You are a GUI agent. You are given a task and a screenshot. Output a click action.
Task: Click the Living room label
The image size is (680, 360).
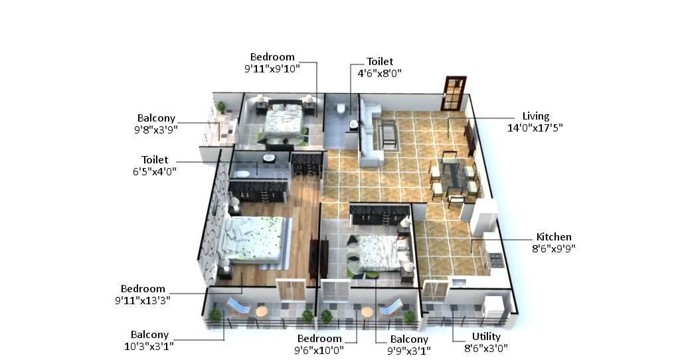(x=535, y=116)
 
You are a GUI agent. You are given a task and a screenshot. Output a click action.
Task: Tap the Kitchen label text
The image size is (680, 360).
(x=554, y=237)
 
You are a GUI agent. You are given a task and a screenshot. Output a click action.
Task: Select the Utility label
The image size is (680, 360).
(x=486, y=337)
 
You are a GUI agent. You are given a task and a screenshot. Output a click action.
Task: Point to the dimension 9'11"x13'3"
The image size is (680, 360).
(x=142, y=300)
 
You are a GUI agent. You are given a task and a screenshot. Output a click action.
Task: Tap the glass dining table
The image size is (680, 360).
(x=453, y=176)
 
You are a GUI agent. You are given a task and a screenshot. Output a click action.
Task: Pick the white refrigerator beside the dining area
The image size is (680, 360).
(x=484, y=215)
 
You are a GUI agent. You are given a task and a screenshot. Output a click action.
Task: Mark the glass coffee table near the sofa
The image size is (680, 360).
(x=388, y=135)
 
